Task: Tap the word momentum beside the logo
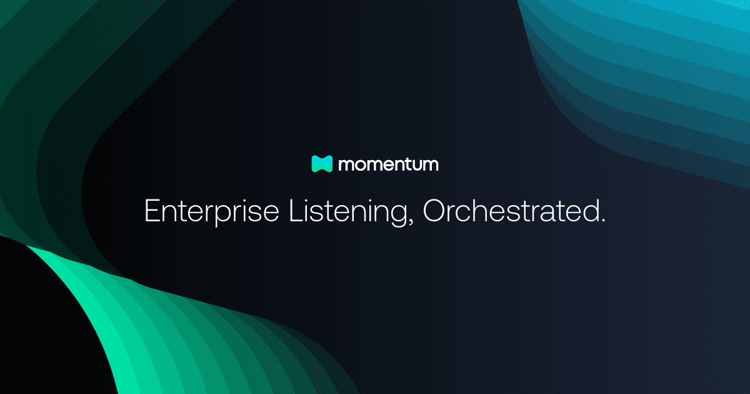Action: click(388, 164)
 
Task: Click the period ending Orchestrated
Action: click(602, 221)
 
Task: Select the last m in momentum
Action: click(431, 165)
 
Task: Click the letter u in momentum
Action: click(416, 166)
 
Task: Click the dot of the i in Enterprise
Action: click(246, 201)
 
